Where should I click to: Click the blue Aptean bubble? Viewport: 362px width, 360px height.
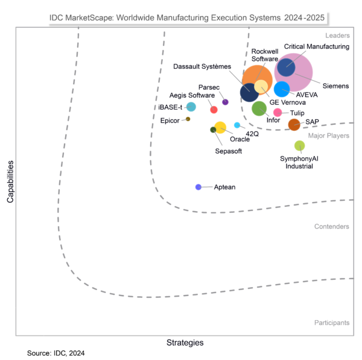(x=198, y=187)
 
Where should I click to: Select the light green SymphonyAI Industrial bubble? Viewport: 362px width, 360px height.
(x=299, y=145)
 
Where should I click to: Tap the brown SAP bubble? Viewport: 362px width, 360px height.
(x=294, y=125)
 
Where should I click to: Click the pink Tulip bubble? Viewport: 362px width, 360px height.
(x=278, y=112)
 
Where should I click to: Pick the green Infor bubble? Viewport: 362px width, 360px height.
(x=259, y=109)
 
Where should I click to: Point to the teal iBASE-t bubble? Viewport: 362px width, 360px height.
(x=191, y=107)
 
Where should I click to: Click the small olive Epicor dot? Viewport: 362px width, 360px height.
(x=188, y=119)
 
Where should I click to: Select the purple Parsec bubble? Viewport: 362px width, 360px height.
(x=225, y=102)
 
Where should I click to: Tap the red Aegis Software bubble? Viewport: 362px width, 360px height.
(x=214, y=109)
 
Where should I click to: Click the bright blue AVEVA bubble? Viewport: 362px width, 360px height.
(x=282, y=89)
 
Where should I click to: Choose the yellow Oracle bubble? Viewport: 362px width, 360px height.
(x=221, y=127)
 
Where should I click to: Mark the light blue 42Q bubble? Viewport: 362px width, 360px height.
(x=237, y=125)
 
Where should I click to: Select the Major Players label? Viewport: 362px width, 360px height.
(x=328, y=136)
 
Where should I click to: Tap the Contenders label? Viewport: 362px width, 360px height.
(x=331, y=227)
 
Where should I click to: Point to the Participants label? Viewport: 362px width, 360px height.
(x=331, y=323)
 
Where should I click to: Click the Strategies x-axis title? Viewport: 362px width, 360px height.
(x=185, y=343)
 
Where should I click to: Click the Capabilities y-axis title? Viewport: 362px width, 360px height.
(x=10, y=181)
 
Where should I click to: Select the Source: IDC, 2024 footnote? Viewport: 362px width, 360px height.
(x=56, y=353)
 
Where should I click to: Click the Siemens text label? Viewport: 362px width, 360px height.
(x=335, y=86)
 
